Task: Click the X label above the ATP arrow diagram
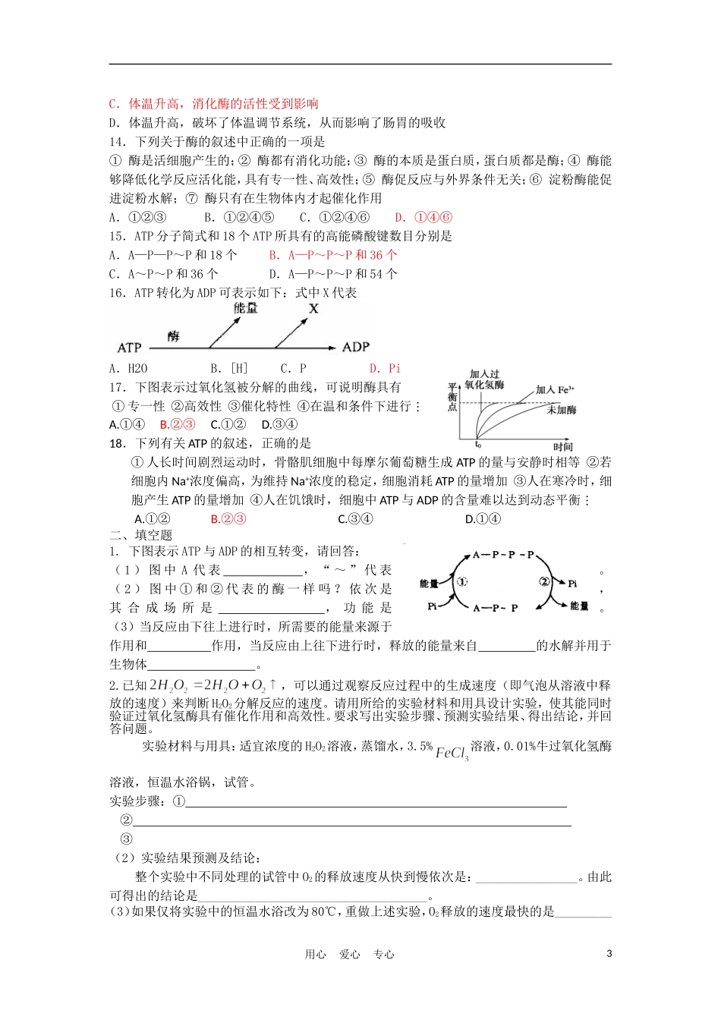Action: [x=313, y=309]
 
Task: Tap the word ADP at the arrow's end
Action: [x=355, y=347]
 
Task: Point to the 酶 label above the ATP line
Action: [x=174, y=335]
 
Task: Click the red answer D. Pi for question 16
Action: [x=385, y=368]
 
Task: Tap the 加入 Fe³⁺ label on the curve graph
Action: [x=555, y=389]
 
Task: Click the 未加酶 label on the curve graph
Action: [x=562, y=409]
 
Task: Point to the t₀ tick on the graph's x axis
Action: [x=478, y=445]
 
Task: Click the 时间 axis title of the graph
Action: [x=562, y=446]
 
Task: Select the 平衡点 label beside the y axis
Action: [x=452, y=397]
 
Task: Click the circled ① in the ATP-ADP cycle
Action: [x=461, y=582]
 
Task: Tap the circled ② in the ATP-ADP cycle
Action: [x=545, y=582]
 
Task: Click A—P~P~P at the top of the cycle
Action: [x=503, y=555]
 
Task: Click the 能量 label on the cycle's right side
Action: [x=579, y=606]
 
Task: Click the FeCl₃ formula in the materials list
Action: [x=452, y=753]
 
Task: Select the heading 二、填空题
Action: [x=141, y=535]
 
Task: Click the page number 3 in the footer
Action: [x=609, y=954]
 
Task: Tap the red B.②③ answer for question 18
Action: [x=228, y=519]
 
